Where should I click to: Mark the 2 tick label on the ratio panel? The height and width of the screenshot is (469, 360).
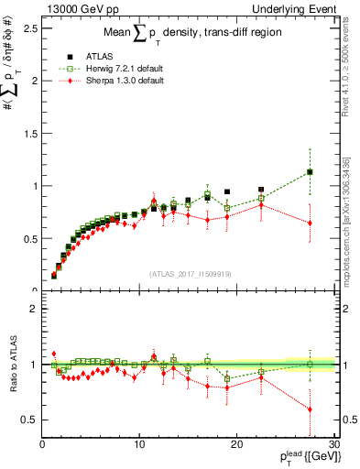33,309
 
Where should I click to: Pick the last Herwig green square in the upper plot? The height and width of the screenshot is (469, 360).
311,172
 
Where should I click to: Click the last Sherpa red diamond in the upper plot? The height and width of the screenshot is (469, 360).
311,223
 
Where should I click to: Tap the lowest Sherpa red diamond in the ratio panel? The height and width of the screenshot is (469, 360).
311,409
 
